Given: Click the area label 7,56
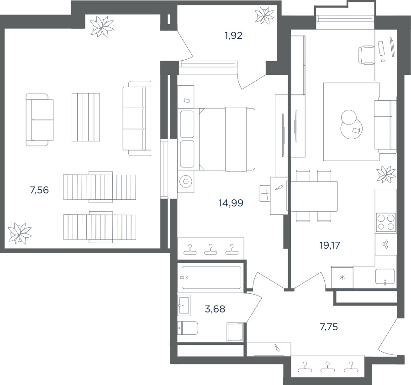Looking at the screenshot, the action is point(39,190).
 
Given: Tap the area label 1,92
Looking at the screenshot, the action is point(233,36).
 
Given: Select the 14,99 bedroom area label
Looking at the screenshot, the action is point(231,203).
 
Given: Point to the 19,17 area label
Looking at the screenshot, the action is point(330,245).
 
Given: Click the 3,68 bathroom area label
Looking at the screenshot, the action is point(215,309).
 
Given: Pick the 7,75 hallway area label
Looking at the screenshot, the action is point(329,327).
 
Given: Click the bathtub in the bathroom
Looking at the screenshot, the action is point(211,278).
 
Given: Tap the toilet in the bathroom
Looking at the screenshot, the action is point(188,328).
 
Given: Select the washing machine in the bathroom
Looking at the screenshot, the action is point(235,332).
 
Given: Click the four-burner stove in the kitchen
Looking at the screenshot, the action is point(386,222).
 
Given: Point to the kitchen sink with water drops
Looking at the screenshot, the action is point(385,245).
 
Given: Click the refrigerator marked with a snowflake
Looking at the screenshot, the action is point(342,277).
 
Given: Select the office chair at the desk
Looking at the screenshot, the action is point(366,55).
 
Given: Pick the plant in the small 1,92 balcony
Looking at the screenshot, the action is point(264,16).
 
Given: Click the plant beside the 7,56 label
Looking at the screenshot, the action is point(20,234).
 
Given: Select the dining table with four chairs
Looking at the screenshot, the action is point(314,196).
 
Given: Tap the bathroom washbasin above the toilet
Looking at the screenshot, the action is point(184,305).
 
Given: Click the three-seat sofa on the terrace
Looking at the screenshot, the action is point(137,119).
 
